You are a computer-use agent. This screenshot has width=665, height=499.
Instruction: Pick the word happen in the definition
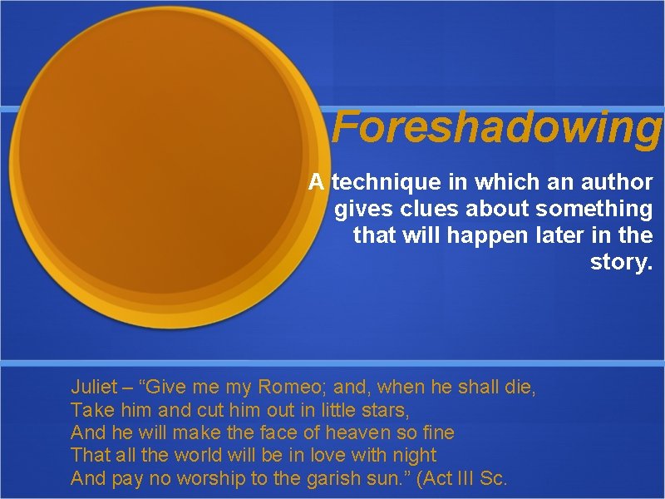486,236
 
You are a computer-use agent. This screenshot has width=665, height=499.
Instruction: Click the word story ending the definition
620,264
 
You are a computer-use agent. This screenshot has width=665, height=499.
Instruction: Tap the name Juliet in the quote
95,387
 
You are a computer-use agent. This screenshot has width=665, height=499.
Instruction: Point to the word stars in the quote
385,410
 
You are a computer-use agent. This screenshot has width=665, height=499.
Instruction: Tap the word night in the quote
413,456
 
